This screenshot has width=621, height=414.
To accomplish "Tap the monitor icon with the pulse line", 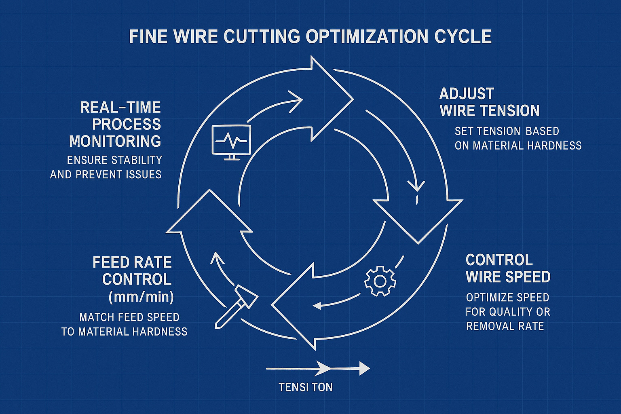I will [x=231, y=140].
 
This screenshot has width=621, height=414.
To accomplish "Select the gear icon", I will [x=380, y=281].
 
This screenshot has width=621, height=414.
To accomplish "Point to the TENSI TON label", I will [x=306, y=387].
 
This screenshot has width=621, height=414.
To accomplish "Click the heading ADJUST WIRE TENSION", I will [x=489, y=102].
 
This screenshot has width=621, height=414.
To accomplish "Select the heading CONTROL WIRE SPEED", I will [x=508, y=268].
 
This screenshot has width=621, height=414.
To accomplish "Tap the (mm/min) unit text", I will [x=141, y=297].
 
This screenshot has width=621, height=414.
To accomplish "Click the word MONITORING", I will [x=115, y=141].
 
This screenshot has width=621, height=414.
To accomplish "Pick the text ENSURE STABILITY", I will [x=114, y=160].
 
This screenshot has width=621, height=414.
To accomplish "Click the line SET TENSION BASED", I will [x=507, y=131].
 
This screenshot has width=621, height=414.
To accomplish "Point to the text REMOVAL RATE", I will [x=505, y=326].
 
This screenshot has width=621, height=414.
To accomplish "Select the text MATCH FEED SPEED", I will [x=129, y=317].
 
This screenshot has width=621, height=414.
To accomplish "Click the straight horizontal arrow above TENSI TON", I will [x=318, y=368].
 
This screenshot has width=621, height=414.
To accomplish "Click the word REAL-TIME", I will [x=120, y=108].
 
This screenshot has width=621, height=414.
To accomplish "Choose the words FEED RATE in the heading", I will [x=132, y=262].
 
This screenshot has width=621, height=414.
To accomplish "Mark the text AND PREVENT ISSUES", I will [x=106, y=175].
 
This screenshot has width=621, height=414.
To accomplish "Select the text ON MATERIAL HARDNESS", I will [x=518, y=146].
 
